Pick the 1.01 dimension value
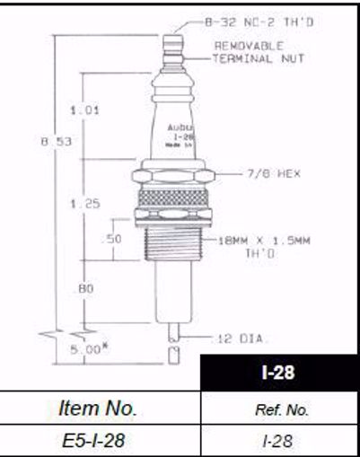(x=83, y=110)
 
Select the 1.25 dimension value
(x=83, y=204)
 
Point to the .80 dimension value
(x=84, y=288)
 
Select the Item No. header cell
(x=99, y=409)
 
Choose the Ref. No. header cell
(x=278, y=409)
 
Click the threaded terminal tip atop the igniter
(x=172, y=44)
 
